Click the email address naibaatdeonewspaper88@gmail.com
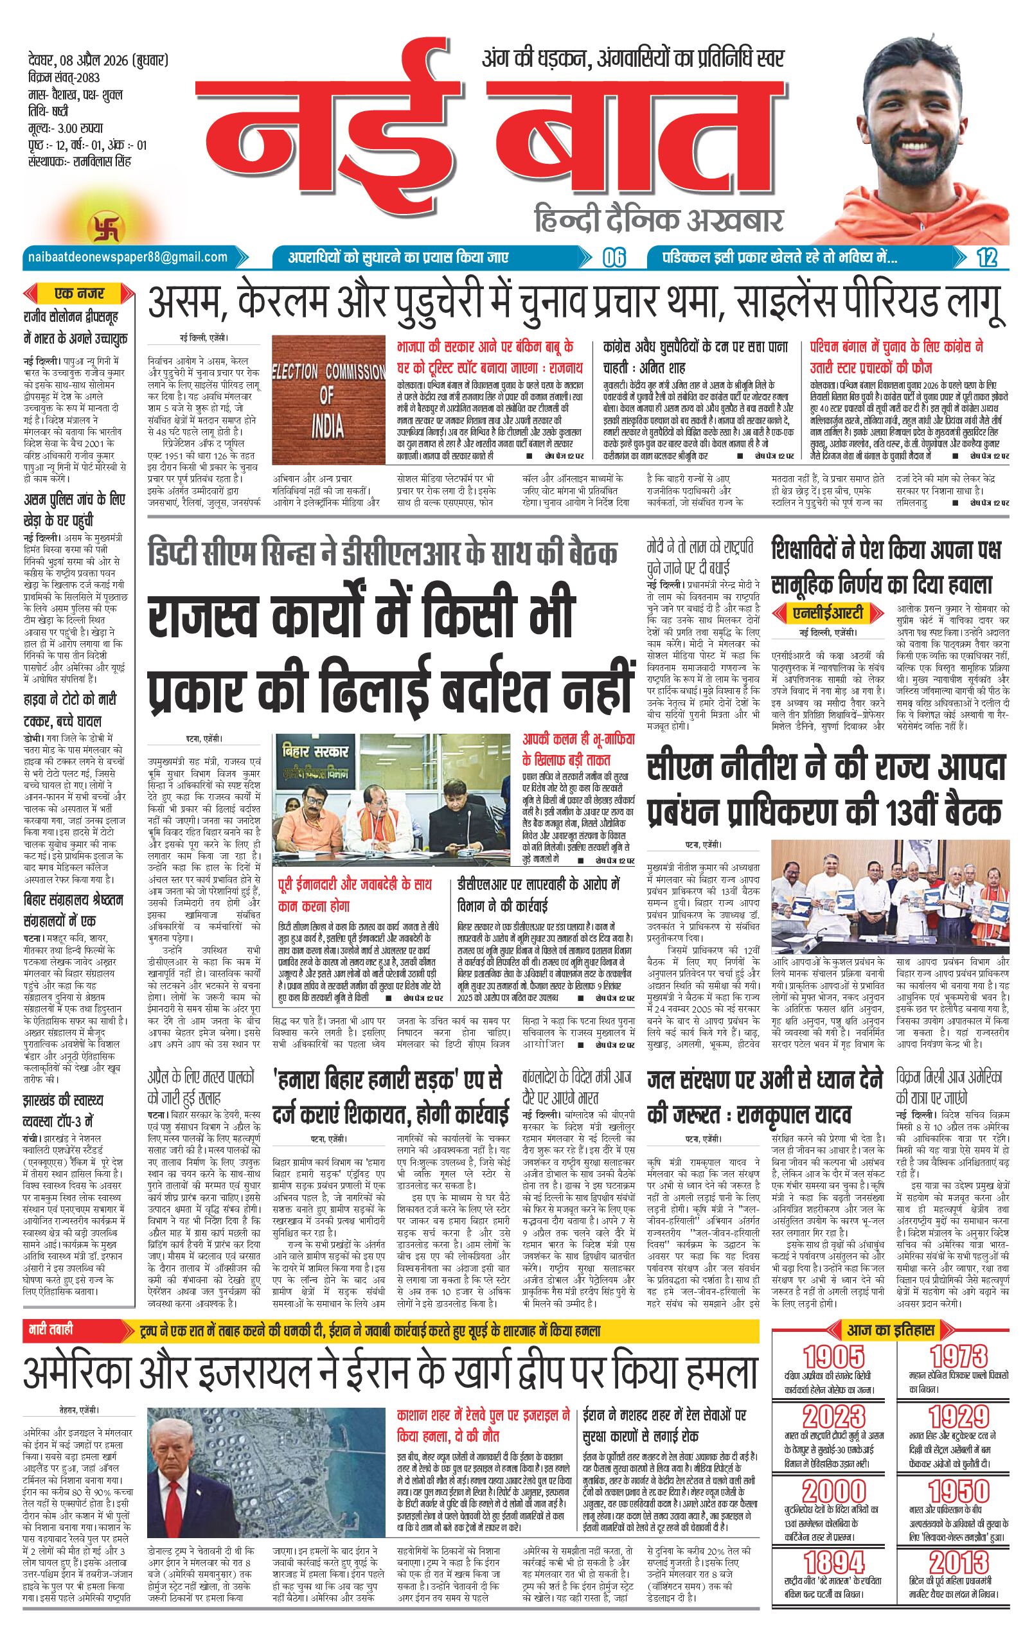pyautogui.click(x=127, y=256)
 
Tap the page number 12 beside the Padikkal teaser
pyautogui.click(x=986, y=258)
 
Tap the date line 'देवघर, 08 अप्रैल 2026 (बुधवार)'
pyautogui.click(x=95, y=60)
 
